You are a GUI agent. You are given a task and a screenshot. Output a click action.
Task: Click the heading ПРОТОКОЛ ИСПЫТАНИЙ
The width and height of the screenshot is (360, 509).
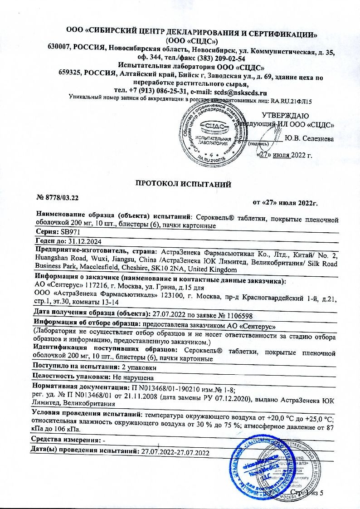point(184,184)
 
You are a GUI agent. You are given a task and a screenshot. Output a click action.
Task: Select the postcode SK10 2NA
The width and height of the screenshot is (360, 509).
point(170,270)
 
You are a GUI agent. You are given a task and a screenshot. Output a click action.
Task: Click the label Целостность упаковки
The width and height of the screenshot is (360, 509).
point(70,377)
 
